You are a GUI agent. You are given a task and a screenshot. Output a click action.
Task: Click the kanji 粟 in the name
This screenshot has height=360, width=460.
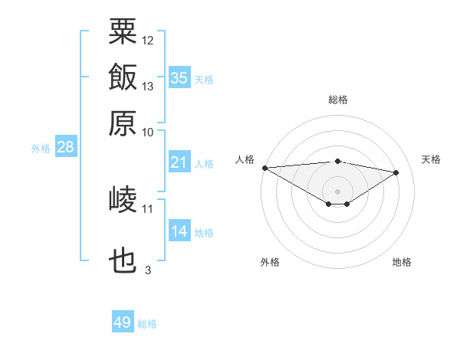coord(123,31)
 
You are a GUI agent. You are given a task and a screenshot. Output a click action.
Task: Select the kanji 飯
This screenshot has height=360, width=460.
coord(123,77)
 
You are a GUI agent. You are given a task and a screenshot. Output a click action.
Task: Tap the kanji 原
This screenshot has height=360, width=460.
coord(123,123)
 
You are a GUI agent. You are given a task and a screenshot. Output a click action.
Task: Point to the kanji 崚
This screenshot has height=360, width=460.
coord(123,199)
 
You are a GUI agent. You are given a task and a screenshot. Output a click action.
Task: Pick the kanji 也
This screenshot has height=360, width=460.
coord(123,260)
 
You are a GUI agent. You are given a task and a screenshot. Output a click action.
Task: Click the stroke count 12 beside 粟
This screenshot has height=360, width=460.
coord(147,41)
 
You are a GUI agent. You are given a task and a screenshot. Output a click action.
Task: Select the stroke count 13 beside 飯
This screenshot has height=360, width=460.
coord(147,87)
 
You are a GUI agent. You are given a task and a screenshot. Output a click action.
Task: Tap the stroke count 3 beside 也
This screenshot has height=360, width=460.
coord(148,270)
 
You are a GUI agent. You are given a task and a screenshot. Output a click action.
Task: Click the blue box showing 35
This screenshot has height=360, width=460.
coord(179,77)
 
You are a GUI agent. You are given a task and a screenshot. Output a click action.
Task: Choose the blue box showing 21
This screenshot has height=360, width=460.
coord(179,162)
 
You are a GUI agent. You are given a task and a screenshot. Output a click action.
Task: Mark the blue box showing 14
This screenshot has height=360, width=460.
coord(179,230)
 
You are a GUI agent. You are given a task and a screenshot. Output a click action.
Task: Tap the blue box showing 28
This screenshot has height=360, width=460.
coord(66,146)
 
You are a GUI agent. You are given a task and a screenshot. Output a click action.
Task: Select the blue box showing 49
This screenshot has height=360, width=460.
coord(123,321)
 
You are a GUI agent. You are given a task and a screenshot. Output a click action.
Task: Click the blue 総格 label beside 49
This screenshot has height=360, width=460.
coord(147,324)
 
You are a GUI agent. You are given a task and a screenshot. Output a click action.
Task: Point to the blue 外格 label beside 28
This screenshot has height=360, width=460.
coord(41,149)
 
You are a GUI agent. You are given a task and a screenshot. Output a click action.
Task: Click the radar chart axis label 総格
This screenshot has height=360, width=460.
coord(338,100)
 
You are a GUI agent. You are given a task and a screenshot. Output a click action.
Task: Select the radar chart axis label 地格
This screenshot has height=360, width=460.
coord(402,262)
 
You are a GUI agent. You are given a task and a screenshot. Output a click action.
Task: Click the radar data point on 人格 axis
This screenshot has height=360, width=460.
coord(265,168)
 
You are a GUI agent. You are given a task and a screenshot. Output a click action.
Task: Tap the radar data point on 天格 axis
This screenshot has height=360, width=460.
coord(396,172)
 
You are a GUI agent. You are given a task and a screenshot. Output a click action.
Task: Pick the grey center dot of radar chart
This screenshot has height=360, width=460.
coord(337,191)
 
